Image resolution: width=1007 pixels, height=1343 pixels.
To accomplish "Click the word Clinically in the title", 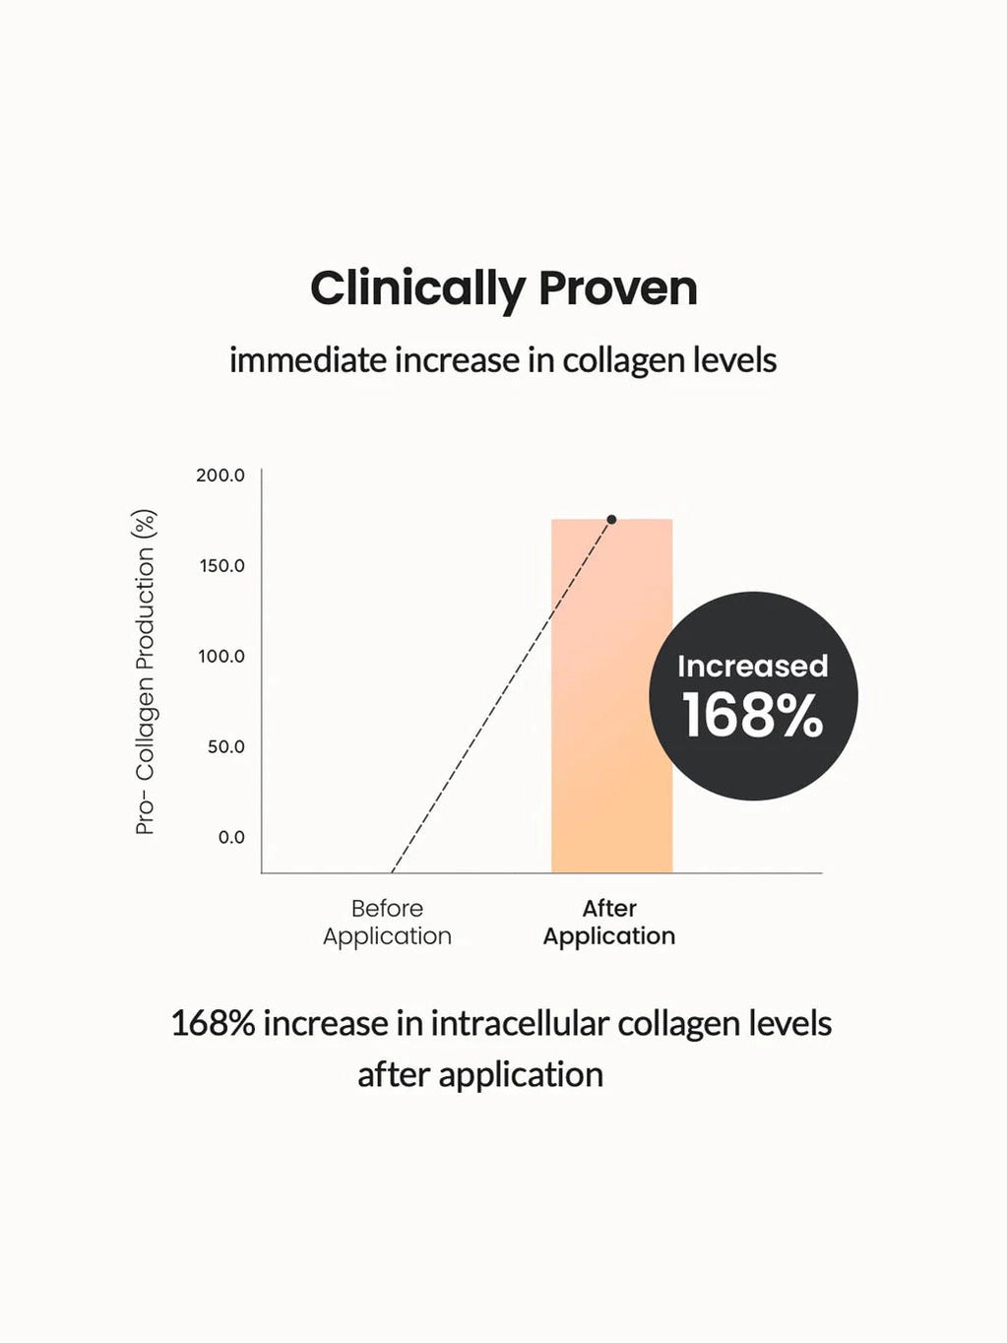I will (417, 289).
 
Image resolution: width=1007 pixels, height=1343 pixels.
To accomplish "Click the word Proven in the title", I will (617, 289).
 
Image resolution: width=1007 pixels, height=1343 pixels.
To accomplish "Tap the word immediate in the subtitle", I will (307, 360).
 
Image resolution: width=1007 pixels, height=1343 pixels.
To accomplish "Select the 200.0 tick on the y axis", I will (220, 476).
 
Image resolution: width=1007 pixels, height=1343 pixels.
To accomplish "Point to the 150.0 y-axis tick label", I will (221, 566).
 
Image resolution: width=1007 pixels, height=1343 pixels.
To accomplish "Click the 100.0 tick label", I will (221, 657).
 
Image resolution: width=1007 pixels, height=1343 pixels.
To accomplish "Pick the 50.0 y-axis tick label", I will (225, 747).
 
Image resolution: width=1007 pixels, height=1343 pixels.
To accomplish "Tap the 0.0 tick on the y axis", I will (231, 838).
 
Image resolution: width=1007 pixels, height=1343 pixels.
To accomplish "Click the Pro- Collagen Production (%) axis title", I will (146, 672).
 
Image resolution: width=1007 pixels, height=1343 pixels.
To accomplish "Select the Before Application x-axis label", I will (387, 923).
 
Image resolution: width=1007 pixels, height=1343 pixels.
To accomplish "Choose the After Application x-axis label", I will (609, 923).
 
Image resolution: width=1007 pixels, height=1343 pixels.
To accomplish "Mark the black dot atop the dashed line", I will (611, 520).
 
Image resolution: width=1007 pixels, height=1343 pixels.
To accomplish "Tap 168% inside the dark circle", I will (752, 716).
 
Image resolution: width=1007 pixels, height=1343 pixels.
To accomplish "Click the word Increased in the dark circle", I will (752, 667).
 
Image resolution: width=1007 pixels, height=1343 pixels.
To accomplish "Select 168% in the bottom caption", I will (213, 1024).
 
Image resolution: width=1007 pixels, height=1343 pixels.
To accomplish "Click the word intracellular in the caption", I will (519, 1024).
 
